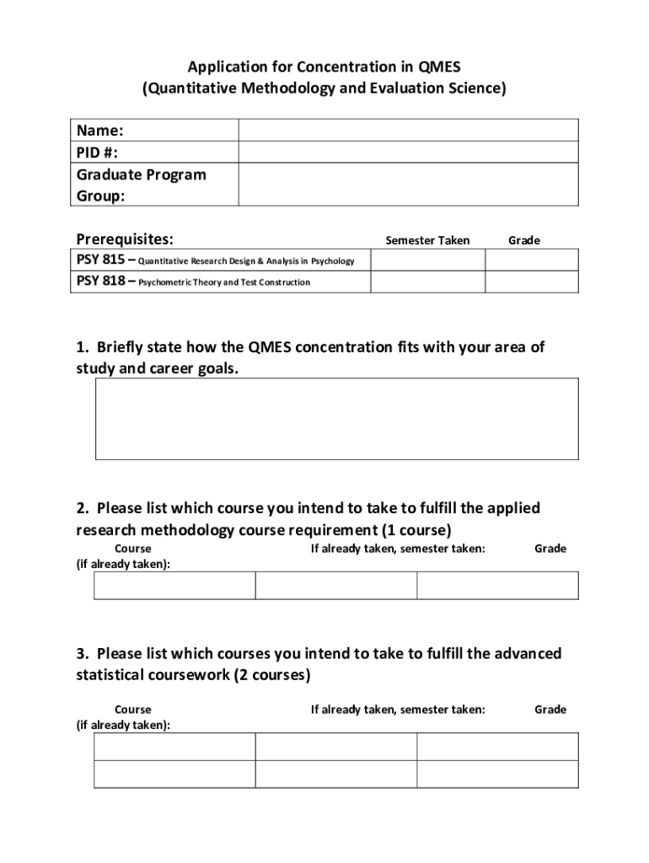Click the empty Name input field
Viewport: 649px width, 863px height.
(x=408, y=130)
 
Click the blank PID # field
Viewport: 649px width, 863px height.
(x=408, y=152)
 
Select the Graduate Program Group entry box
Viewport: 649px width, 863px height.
(x=408, y=185)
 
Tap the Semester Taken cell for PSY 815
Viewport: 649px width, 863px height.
(x=427, y=260)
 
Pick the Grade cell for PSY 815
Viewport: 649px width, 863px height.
(x=531, y=260)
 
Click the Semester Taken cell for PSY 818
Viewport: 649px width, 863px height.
(x=427, y=281)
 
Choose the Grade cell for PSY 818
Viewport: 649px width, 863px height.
(x=531, y=281)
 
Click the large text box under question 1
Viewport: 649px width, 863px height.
(x=336, y=419)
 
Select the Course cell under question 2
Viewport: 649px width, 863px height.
(x=174, y=586)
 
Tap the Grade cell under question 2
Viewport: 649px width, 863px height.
(x=497, y=586)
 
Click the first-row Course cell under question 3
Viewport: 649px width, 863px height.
(x=174, y=747)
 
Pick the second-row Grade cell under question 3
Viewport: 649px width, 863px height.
(x=497, y=774)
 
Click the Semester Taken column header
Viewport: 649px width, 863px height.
(x=427, y=241)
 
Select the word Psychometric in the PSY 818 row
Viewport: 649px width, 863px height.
(x=166, y=282)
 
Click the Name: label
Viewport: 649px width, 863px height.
(x=100, y=131)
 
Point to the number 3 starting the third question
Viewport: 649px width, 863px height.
(x=81, y=654)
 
